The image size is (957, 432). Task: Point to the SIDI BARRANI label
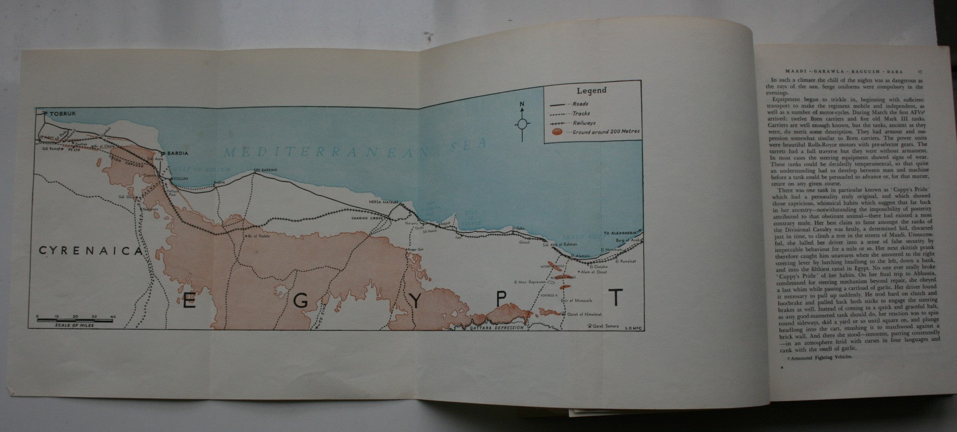264,170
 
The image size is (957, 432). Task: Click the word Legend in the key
591,91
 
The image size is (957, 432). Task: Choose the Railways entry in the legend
583,123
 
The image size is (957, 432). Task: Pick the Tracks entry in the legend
581,113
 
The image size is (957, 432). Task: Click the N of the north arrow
522,105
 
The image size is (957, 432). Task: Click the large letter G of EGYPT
301,301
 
